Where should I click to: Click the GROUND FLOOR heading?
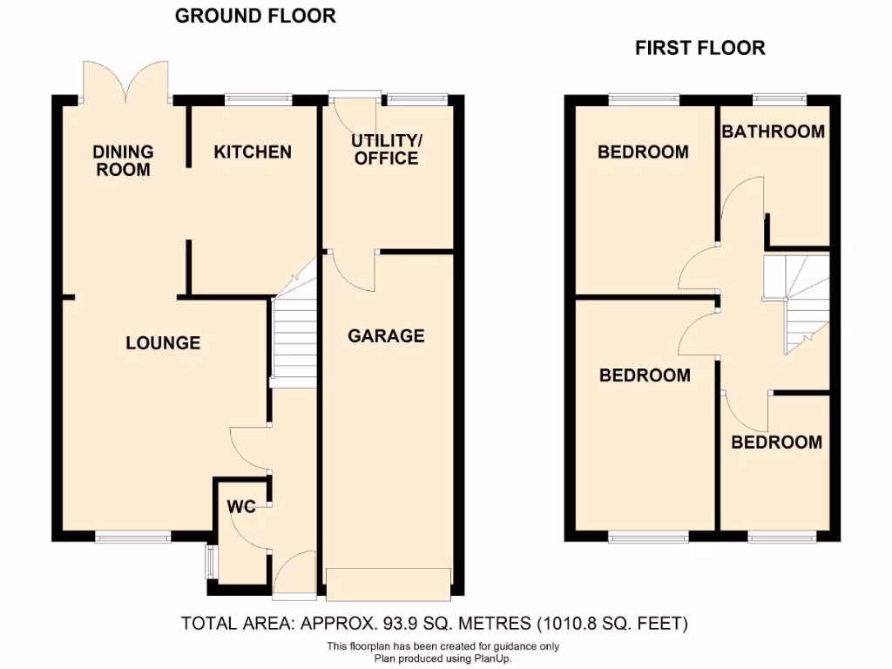pyautogui.click(x=255, y=16)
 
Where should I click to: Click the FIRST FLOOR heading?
pyautogui.click(x=699, y=48)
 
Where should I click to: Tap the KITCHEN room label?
pyautogui.click(x=253, y=152)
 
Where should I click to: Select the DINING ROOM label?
pyautogui.click(x=123, y=161)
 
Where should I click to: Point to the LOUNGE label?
pyautogui.click(x=163, y=343)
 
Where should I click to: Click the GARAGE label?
pyautogui.click(x=386, y=336)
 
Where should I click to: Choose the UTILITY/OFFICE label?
pyautogui.click(x=386, y=149)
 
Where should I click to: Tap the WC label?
pyautogui.click(x=241, y=507)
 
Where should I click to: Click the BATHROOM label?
pyautogui.click(x=773, y=132)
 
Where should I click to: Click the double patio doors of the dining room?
pyautogui.click(x=125, y=81)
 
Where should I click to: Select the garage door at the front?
pyautogui.click(x=389, y=584)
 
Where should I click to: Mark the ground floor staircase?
pyautogui.click(x=294, y=340)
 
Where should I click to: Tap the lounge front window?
pyautogui.click(x=132, y=537)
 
